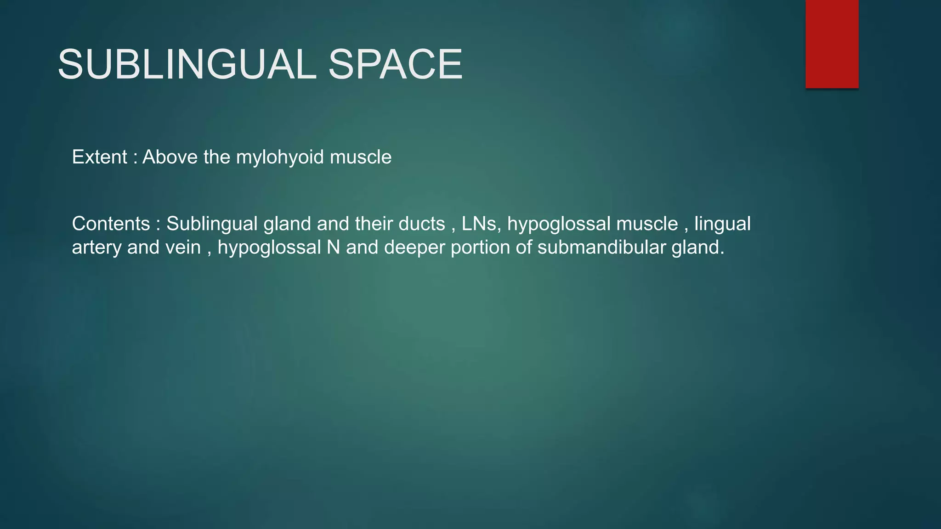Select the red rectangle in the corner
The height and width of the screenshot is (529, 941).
tap(832, 44)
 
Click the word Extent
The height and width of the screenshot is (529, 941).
tap(99, 157)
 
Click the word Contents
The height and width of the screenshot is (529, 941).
tap(111, 224)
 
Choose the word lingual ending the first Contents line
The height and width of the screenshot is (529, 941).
tap(722, 224)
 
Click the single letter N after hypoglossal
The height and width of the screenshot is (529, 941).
tap(334, 248)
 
